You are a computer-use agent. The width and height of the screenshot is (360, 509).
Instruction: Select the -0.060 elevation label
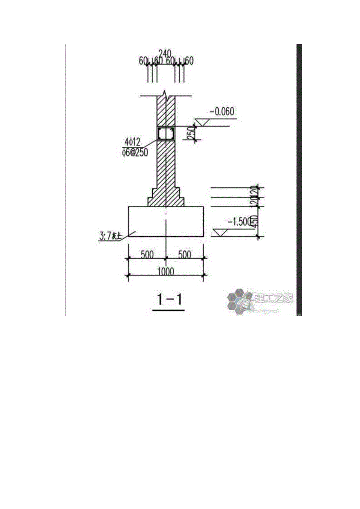(x=222, y=112)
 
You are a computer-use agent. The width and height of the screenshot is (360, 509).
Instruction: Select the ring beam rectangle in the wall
(x=166, y=134)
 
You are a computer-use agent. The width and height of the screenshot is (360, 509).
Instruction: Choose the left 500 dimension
(x=147, y=254)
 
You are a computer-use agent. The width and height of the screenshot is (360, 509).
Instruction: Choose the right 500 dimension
(x=184, y=254)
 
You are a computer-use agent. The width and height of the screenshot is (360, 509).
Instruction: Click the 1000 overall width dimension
(x=166, y=271)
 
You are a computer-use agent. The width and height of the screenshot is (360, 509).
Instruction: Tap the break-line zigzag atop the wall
(x=166, y=95)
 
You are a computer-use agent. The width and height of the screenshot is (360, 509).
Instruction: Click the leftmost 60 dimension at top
(x=143, y=61)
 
